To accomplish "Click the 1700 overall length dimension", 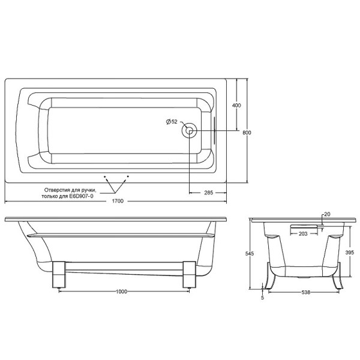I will point(117,201).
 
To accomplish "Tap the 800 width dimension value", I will point(247,133).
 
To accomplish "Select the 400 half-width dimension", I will point(236,106).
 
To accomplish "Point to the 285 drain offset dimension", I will point(208,192).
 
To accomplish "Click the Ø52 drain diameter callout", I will point(172,122).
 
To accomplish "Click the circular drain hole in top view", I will point(190,130).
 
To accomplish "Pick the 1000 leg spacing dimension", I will point(122,292).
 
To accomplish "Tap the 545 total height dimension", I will point(250,254).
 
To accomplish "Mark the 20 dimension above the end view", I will point(327,214).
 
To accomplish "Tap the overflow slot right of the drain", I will point(212,130).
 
